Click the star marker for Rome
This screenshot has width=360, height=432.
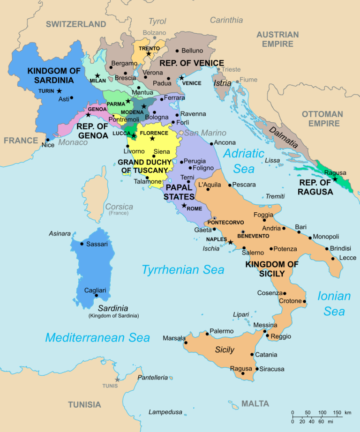[x=184, y=206]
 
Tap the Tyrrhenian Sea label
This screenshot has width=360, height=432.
[x=183, y=269]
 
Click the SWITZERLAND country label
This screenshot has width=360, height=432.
[x=76, y=24]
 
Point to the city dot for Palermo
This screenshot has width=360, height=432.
[x=207, y=334]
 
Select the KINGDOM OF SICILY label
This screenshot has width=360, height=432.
[x=272, y=269]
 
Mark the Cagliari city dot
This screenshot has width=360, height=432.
[x=96, y=295]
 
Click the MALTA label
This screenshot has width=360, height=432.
[x=255, y=403]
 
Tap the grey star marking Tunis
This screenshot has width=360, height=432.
[x=117, y=379]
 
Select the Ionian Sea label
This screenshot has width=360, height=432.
[x=334, y=304]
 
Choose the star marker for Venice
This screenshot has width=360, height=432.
[x=181, y=78]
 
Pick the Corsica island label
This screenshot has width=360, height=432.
[x=119, y=207]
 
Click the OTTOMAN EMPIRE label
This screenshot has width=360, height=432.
[x=322, y=119]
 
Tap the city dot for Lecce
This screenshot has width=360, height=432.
[x=333, y=258]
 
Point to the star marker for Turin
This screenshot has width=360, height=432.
[x=59, y=90]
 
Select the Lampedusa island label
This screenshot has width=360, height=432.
[x=165, y=412]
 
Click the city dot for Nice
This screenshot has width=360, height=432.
[x=47, y=140]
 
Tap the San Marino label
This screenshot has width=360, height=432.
[x=205, y=133]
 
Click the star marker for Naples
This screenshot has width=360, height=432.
[x=230, y=242]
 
